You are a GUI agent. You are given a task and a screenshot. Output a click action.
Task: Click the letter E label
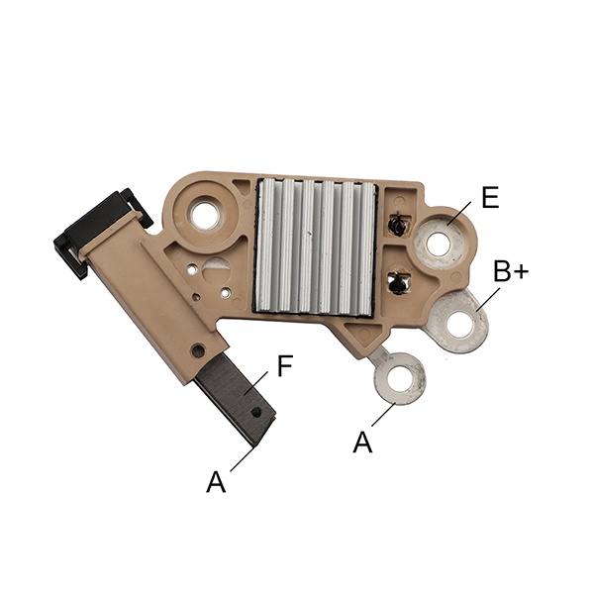coord(491,197)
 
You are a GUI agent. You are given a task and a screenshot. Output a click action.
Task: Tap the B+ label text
coord(511,270)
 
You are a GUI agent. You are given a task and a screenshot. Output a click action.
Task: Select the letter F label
coord(285,365)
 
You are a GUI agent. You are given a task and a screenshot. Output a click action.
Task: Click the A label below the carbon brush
coord(216,481)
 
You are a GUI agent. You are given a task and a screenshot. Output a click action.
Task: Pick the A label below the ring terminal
coord(362,443)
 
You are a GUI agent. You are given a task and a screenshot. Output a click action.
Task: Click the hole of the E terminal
coord(440,244)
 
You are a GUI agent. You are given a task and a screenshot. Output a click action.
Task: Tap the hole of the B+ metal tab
coord(460,324)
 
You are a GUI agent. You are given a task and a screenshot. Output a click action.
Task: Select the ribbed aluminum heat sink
coord(315,246)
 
